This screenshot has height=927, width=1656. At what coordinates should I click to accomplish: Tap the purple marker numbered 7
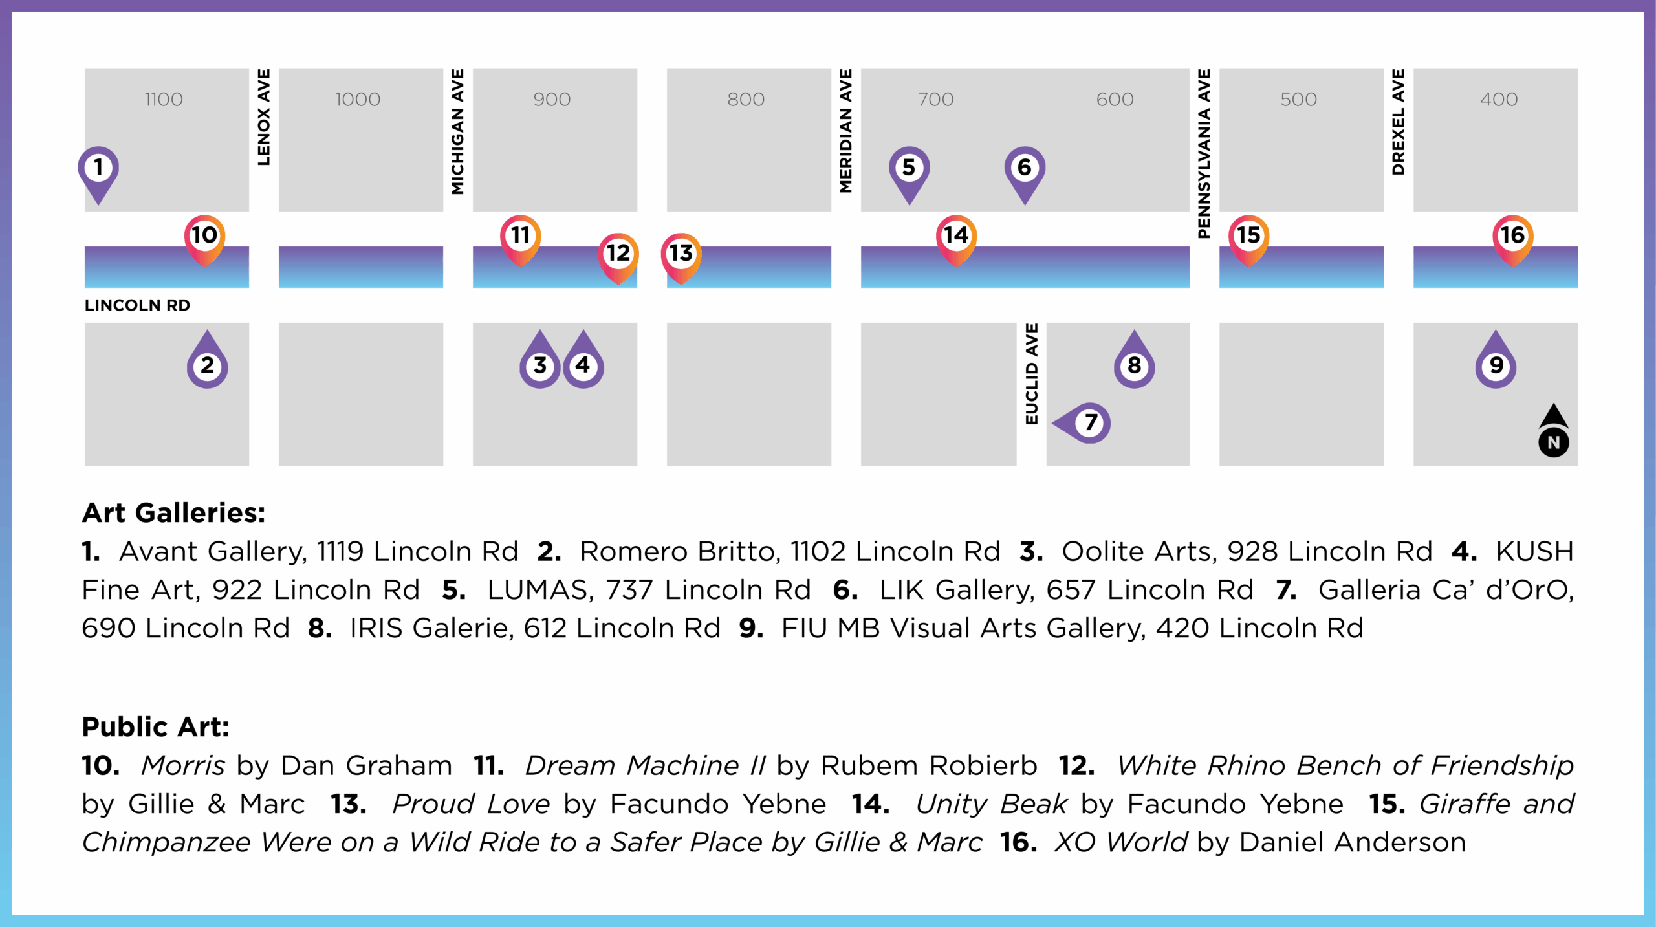click(1083, 423)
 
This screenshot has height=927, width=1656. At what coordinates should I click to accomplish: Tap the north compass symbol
click(1554, 431)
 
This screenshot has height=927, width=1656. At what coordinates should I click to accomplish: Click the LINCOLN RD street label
click(137, 305)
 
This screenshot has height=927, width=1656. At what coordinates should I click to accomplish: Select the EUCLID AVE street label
click(1032, 374)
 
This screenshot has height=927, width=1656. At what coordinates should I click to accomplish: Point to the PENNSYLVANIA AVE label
click(1204, 154)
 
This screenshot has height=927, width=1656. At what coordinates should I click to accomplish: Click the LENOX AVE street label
click(263, 117)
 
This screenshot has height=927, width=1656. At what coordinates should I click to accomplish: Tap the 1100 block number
click(164, 99)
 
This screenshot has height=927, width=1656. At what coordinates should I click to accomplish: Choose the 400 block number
click(1499, 99)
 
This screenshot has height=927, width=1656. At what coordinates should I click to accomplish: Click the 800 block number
click(746, 99)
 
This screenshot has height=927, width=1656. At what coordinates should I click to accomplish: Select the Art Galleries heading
click(173, 513)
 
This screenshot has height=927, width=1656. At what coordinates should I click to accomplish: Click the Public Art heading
click(155, 727)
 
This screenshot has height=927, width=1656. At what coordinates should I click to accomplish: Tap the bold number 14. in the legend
click(871, 804)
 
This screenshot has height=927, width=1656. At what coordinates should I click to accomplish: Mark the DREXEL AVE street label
click(1398, 122)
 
